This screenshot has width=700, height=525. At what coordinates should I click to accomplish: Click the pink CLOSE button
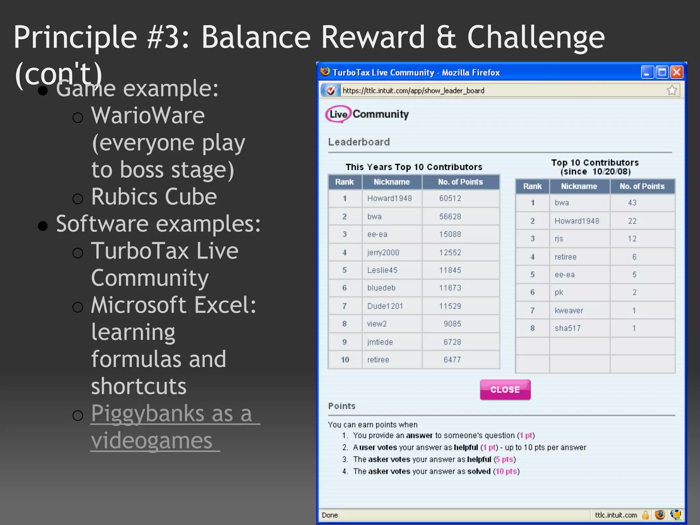click(x=505, y=390)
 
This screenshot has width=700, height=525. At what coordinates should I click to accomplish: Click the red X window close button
click(x=677, y=72)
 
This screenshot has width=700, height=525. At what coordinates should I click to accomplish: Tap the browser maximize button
click(x=662, y=72)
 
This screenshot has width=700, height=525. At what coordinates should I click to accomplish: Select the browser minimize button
click(x=647, y=72)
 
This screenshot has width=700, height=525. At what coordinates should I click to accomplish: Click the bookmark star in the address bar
click(x=672, y=90)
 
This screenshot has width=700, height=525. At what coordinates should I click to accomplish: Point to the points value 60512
click(x=450, y=198)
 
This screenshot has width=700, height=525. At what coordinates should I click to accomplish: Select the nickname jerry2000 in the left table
click(x=383, y=253)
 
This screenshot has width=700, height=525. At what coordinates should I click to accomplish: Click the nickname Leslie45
click(x=382, y=270)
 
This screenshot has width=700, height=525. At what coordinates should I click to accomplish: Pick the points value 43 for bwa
click(x=632, y=203)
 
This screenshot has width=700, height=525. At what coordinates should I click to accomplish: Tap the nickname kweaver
click(x=569, y=311)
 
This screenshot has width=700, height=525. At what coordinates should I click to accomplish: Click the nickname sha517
click(x=568, y=328)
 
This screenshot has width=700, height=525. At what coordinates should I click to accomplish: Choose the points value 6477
click(x=452, y=360)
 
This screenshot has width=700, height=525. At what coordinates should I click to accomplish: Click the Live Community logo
click(x=367, y=114)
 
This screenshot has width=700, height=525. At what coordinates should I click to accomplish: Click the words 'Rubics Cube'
click(x=154, y=197)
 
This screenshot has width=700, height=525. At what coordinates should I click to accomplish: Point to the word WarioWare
click(x=148, y=116)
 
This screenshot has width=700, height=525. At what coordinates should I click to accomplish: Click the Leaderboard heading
click(x=359, y=142)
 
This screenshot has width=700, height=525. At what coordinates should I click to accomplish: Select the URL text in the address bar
click(x=413, y=91)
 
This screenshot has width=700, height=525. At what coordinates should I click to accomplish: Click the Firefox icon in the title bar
click(x=325, y=72)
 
